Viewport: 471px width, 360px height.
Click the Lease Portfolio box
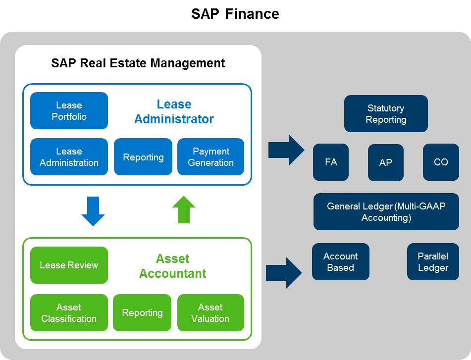click(69, 111)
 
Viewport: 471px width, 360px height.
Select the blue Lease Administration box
click(69, 157)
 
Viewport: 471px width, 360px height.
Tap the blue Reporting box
click(143, 157)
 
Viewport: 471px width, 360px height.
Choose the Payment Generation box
click(210, 157)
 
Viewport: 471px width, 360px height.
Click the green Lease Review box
click(69, 265)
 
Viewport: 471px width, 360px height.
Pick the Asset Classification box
click(69, 312)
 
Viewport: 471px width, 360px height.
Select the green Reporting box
click(142, 312)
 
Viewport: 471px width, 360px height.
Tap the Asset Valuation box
click(210, 312)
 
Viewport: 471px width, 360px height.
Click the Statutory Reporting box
click(386, 114)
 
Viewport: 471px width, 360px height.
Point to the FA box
click(331, 162)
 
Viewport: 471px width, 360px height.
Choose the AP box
click(386, 162)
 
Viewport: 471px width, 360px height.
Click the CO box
click(441, 162)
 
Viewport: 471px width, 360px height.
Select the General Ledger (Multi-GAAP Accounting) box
click(386, 211)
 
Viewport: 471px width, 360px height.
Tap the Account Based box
click(341, 262)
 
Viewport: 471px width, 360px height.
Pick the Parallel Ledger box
click(433, 262)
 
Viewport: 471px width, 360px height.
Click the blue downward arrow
click(93, 211)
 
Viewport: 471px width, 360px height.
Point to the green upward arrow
click(184, 209)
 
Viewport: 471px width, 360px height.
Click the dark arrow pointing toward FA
click(286, 150)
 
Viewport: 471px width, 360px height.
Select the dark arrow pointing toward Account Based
click(284, 273)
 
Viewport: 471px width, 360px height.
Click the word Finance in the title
click(252, 14)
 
